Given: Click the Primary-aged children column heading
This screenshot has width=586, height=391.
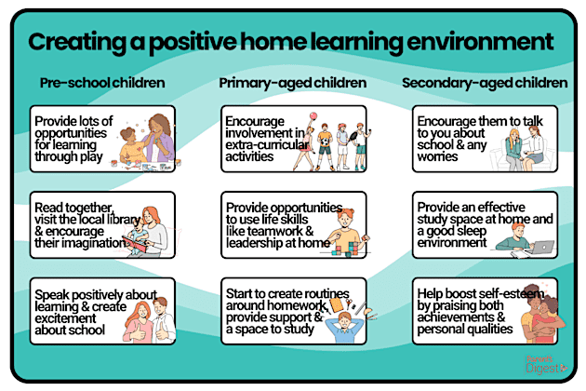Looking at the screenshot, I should [293, 84].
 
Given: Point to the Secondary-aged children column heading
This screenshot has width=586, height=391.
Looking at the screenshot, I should [485, 84].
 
